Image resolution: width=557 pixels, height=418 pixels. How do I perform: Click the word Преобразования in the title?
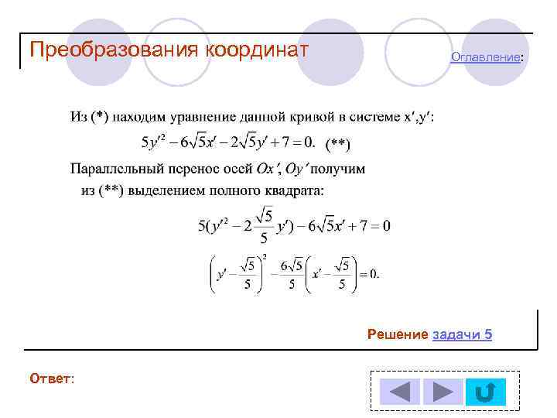tap(114, 50)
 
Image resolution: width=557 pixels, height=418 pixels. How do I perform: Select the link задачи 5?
tap(462, 334)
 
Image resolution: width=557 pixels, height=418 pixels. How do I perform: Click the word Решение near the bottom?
tap(398, 334)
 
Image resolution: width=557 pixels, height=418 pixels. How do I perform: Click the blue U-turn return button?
tap(485, 392)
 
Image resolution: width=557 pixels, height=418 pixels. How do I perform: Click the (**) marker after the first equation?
tap(337, 143)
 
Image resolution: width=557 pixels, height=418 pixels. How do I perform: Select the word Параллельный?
tap(112, 168)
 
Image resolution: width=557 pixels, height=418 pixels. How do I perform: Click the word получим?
tap(338, 168)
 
